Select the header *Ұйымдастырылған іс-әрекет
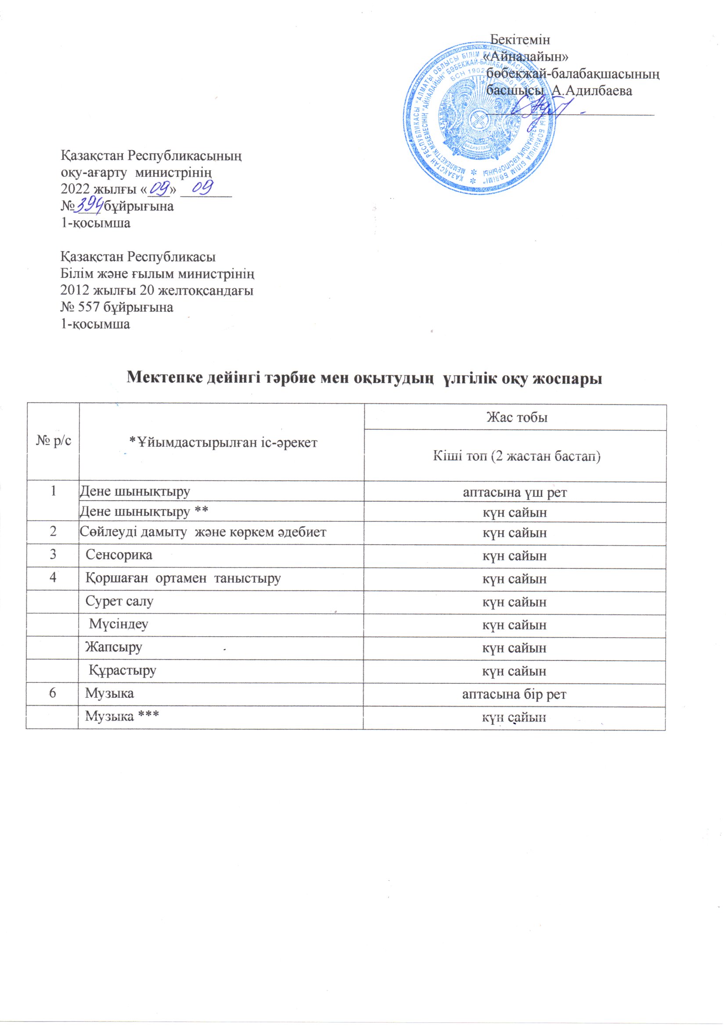click(223, 442)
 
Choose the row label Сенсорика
click(119, 555)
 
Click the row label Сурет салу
click(119, 602)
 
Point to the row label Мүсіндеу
click(119, 624)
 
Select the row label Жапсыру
click(114, 647)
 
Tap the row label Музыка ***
click(122, 716)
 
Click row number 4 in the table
click(53, 578)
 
